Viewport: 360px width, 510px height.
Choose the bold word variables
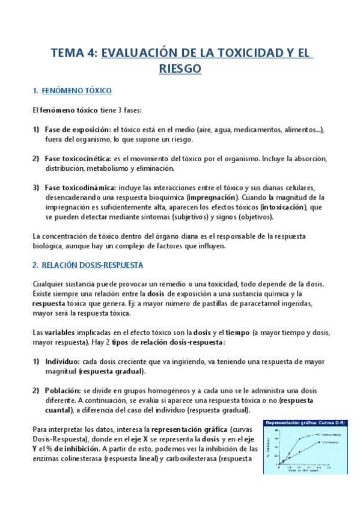click(59, 333)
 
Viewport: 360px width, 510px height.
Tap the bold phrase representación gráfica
click(188, 429)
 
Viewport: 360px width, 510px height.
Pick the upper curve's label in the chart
click(333, 433)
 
